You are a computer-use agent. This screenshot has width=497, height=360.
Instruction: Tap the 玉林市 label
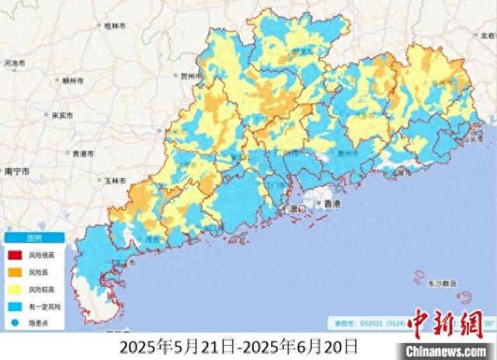click(x=115, y=181)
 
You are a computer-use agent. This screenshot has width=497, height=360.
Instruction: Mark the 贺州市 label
click(x=190, y=77)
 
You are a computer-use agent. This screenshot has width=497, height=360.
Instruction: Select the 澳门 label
click(x=298, y=209)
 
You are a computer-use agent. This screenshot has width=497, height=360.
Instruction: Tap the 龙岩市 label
click(x=487, y=36)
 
